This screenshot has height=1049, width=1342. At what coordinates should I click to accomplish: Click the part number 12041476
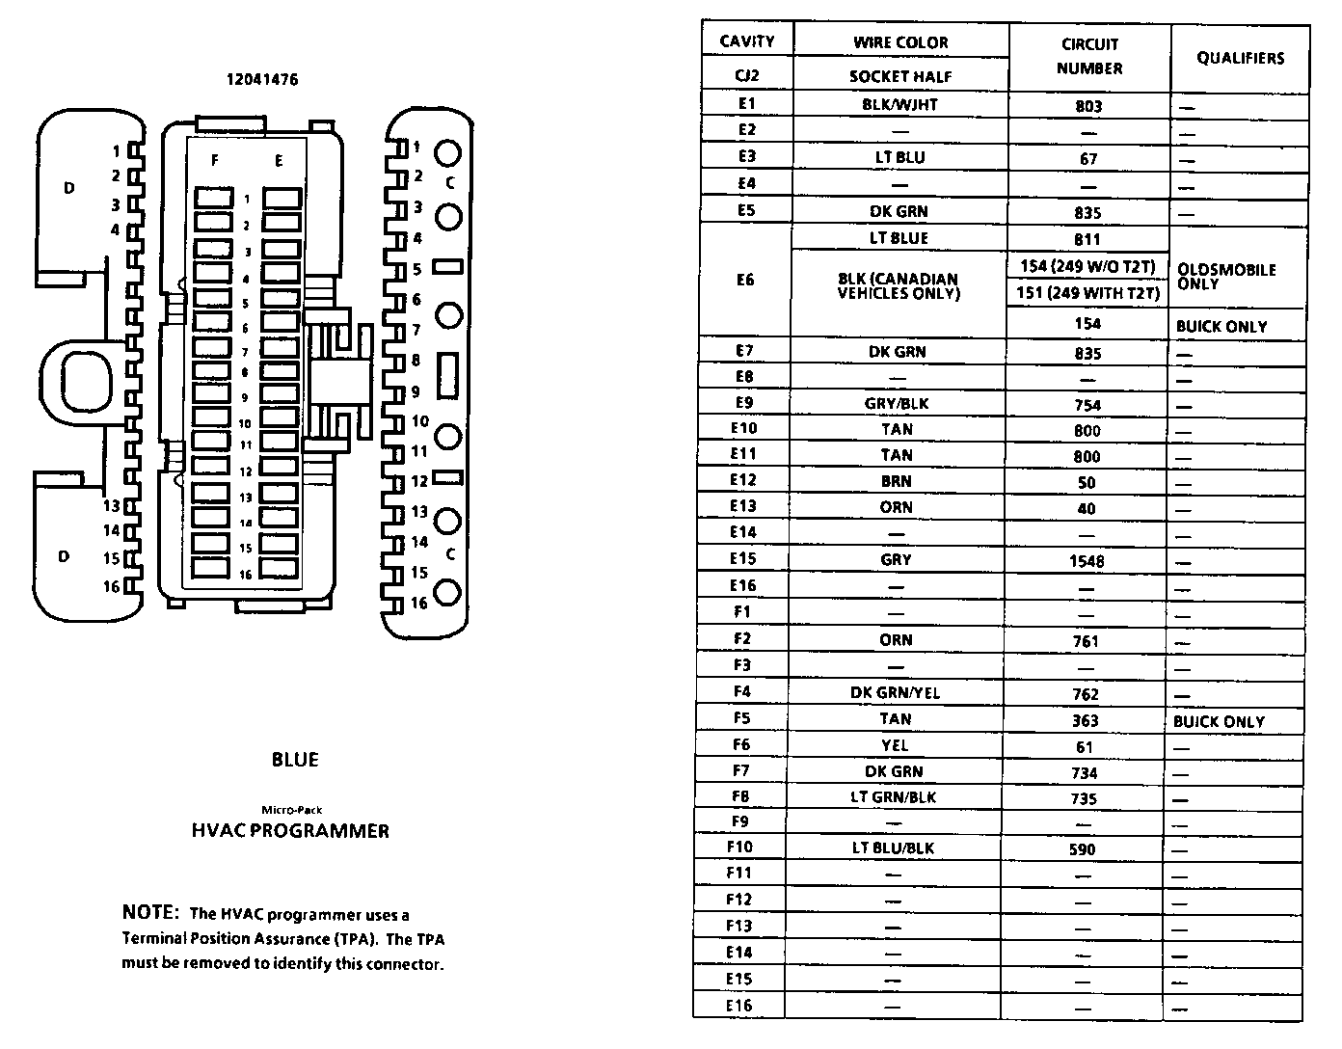pos(262,80)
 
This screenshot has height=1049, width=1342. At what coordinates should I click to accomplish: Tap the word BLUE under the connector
pos(295,760)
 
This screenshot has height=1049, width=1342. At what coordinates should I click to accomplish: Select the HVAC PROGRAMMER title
pos(290,831)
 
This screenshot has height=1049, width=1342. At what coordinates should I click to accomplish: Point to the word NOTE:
pos(150,912)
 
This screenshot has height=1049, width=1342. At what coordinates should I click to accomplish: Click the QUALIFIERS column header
pos(1240,58)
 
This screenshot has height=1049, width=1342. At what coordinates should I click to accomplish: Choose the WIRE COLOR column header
pos(900,42)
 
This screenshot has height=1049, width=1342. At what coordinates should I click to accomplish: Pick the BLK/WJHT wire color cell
pos(899,105)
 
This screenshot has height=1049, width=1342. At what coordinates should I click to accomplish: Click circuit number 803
pos(1088,106)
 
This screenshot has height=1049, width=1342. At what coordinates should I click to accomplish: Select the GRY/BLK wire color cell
pos(897,404)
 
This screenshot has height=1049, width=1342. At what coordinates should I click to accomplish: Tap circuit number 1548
pos(1087,560)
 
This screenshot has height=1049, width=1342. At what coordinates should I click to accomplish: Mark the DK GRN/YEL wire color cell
pos(895,692)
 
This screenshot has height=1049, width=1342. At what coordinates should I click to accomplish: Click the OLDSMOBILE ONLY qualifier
pos(1226,277)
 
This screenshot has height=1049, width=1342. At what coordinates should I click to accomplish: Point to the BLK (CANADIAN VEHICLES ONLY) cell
pos(898,285)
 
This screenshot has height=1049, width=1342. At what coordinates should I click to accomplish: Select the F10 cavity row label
pos(739,847)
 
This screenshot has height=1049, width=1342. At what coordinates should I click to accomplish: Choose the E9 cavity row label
pos(744,403)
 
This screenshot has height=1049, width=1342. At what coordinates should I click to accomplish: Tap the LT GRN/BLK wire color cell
pos(894,796)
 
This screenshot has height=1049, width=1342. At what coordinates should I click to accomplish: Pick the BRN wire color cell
pos(896,481)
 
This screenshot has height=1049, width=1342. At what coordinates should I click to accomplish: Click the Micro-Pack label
pos(292,810)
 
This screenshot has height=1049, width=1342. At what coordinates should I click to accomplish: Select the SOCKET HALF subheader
pos(900,76)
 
